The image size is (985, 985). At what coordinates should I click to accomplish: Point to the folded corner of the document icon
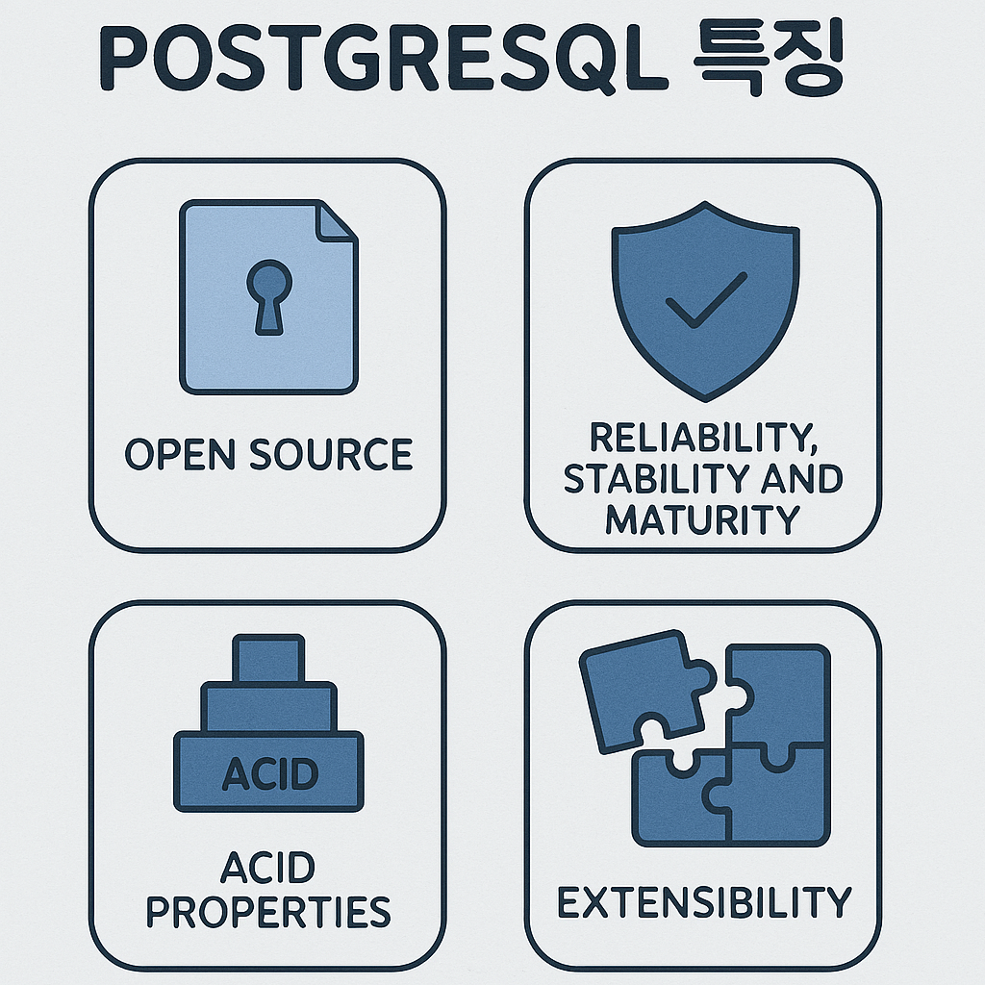[337, 220]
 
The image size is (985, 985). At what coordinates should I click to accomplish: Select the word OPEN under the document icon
[181, 454]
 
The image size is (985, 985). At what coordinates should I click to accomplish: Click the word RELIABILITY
[701, 438]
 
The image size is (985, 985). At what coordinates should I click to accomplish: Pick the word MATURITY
[702, 519]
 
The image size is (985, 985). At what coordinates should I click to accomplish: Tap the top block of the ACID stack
[269, 659]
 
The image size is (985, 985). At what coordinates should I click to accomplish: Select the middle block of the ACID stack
[269, 707]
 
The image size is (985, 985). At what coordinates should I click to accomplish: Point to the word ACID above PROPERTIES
[268, 869]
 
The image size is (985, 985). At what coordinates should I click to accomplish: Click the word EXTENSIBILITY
[704, 903]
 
